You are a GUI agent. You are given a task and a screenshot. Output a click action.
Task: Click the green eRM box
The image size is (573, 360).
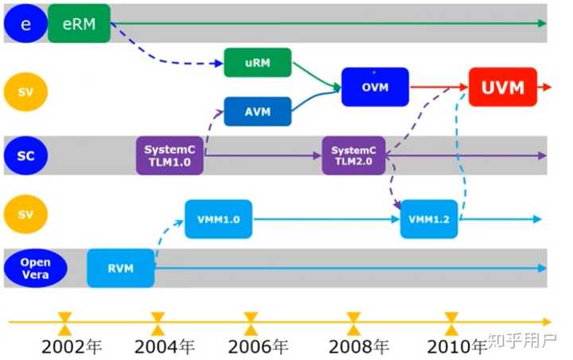click(x=78, y=24)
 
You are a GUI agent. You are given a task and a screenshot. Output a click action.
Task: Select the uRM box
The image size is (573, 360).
click(x=257, y=62)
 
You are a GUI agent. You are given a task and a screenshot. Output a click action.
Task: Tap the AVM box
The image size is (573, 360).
click(x=257, y=112)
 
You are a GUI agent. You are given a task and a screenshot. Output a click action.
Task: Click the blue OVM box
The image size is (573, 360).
click(x=375, y=87)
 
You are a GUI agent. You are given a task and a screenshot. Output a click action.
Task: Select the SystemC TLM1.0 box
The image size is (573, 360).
click(x=170, y=155)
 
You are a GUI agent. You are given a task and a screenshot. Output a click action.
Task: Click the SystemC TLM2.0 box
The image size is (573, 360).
click(x=354, y=155)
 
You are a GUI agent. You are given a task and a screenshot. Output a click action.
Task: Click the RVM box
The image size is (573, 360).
click(x=120, y=268)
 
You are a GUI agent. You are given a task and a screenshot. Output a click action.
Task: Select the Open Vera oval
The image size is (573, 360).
click(x=34, y=268)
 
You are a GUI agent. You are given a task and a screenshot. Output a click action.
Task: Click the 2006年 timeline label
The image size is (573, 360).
click(x=258, y=346)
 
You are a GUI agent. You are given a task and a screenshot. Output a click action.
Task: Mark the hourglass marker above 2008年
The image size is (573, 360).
click(x=354, y=323)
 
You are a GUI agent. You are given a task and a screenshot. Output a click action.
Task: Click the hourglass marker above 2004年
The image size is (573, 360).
click(x=158, y=323)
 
